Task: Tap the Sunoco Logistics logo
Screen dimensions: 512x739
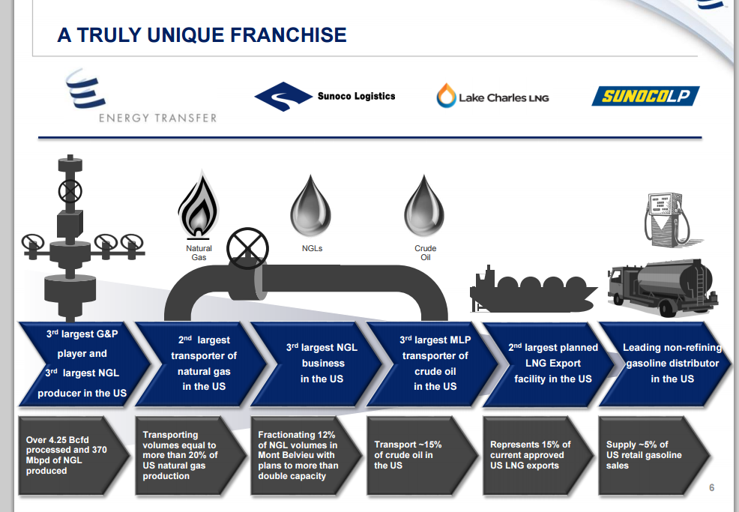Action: pos(325,96)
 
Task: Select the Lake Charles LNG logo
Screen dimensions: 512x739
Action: pos(493,97)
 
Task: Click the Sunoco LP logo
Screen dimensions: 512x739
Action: pos(645,96)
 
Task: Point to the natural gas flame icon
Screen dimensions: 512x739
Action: pos(199,204)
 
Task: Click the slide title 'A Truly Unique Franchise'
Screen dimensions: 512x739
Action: pos(202,34)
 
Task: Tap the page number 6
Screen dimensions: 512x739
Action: pos(711,488)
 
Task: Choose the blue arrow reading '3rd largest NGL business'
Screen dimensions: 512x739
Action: pos(319,364)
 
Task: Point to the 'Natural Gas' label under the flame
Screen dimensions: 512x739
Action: pos(199,253)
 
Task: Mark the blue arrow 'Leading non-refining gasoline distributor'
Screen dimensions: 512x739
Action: pos(667,364)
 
